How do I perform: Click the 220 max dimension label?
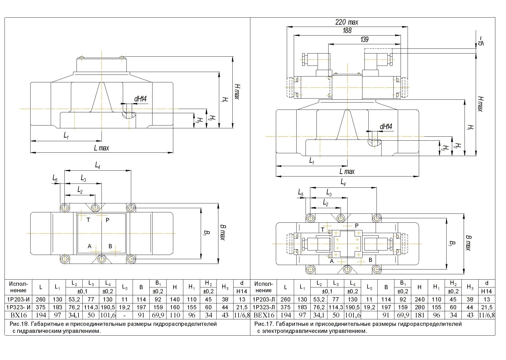[x=347, y=22]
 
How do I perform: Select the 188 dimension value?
[x=347, y=31]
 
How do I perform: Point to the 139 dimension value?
[x=364, y=40]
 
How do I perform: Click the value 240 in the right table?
[x=420, y=299]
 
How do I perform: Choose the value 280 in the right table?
[x=420, y=307]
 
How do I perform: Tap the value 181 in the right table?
[x=420, y=315]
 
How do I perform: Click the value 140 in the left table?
[x=175, y=299]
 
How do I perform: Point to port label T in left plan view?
[x=88, y=220]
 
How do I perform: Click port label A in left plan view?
[x=89, y=247]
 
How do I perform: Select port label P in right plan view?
[x=357, y=226]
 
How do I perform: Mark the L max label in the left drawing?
[x=101, y=148]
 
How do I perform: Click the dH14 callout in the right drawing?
[x=386, y=127]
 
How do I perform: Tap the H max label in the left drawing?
[x=237, y=92]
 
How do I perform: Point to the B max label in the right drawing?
[x=468, y=243]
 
